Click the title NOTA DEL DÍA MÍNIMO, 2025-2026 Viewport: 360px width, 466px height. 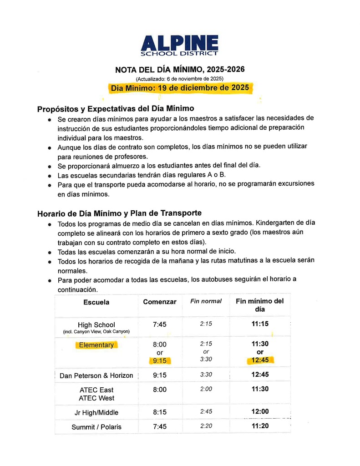180,70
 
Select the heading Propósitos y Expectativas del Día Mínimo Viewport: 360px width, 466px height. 116,109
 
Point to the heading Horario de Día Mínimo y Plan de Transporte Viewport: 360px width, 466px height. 119,213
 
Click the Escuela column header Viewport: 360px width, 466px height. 96,302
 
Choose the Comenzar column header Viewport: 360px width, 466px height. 159,302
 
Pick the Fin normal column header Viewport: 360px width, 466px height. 206,301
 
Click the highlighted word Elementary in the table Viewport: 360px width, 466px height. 96,345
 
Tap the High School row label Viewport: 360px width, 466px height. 96,325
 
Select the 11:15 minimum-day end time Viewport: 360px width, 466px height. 260,324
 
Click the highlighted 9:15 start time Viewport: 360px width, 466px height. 159,361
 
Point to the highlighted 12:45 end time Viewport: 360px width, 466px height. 260,360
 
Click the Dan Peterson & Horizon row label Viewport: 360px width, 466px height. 96,375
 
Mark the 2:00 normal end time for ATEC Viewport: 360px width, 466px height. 206,389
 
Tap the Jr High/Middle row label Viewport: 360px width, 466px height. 96,412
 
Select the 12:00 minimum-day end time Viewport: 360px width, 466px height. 260,411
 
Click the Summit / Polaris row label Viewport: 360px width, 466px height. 96,427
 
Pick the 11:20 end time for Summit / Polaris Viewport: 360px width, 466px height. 260,426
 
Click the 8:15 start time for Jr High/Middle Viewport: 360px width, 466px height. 159,412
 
